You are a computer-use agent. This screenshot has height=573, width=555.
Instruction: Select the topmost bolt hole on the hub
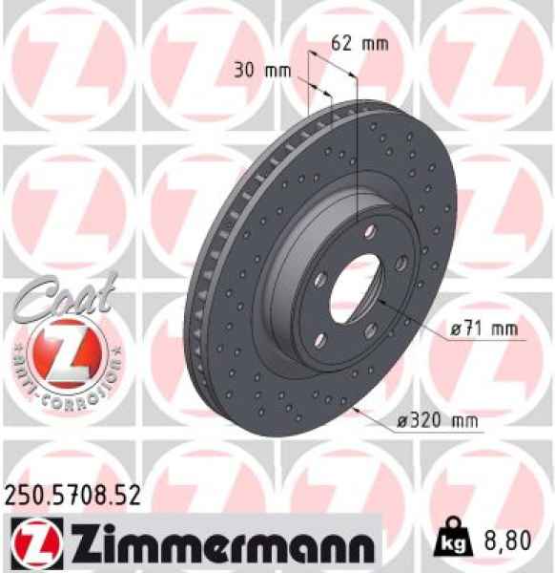tap(365, 229)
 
